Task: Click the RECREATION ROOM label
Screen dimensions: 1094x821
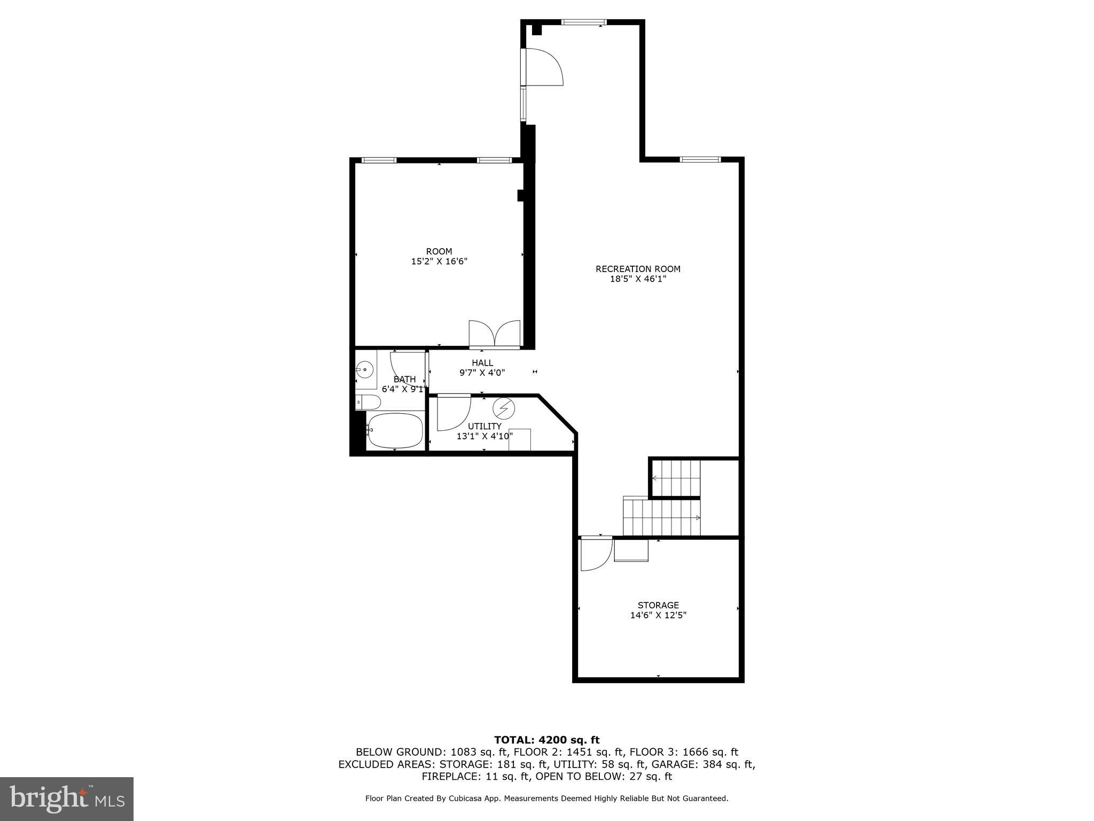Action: (x=638, y=269)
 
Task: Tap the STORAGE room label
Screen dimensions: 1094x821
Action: (x=658, y=605)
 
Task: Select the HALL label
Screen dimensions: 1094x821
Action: (x=482, y=363)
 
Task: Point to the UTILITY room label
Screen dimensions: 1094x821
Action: (x=485, y=426)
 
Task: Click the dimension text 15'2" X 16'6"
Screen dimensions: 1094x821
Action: (x=439, y=261)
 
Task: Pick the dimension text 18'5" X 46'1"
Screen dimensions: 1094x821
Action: (x=638, y=278)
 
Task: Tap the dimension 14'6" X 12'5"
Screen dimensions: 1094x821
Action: (x=658, y=615)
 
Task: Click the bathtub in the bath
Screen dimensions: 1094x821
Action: (x=395, y=431)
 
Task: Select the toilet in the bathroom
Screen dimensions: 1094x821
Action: (x=368, y=402)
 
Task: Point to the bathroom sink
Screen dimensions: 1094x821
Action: (x=365, y=369)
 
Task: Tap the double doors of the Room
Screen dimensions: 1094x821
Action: (x=495, y=335)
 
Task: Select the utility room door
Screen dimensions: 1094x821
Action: (x=454, y=412)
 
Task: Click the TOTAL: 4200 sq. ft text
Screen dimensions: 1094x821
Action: (x=546, y=740)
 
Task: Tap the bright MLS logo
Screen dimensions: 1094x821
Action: (x=67, y=799)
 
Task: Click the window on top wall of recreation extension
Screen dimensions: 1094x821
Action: (x=584, y=22)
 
